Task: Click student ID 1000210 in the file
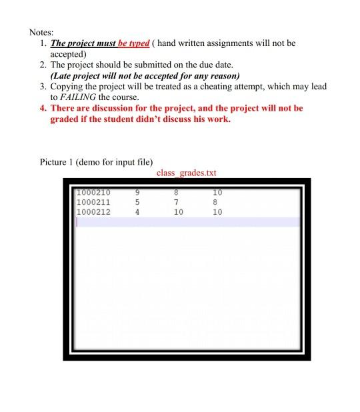(x=93, y=193)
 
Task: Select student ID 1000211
(x=93, y=203)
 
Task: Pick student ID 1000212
(x=93, y=212)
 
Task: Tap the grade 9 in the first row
(x=136, y=193)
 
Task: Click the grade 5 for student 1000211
(x=136, y=203)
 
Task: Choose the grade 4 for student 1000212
(x=136, y=212)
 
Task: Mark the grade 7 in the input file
(x=177, y=203)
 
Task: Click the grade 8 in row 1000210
(x=177, y=193)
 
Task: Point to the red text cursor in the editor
(x=77, y=222)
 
